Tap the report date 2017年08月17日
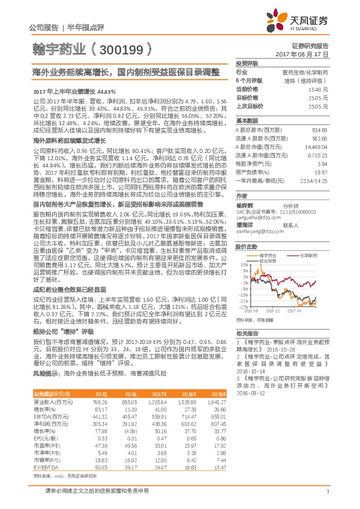[x=309, y=54]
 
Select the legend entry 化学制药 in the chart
[x=310, y=256]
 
